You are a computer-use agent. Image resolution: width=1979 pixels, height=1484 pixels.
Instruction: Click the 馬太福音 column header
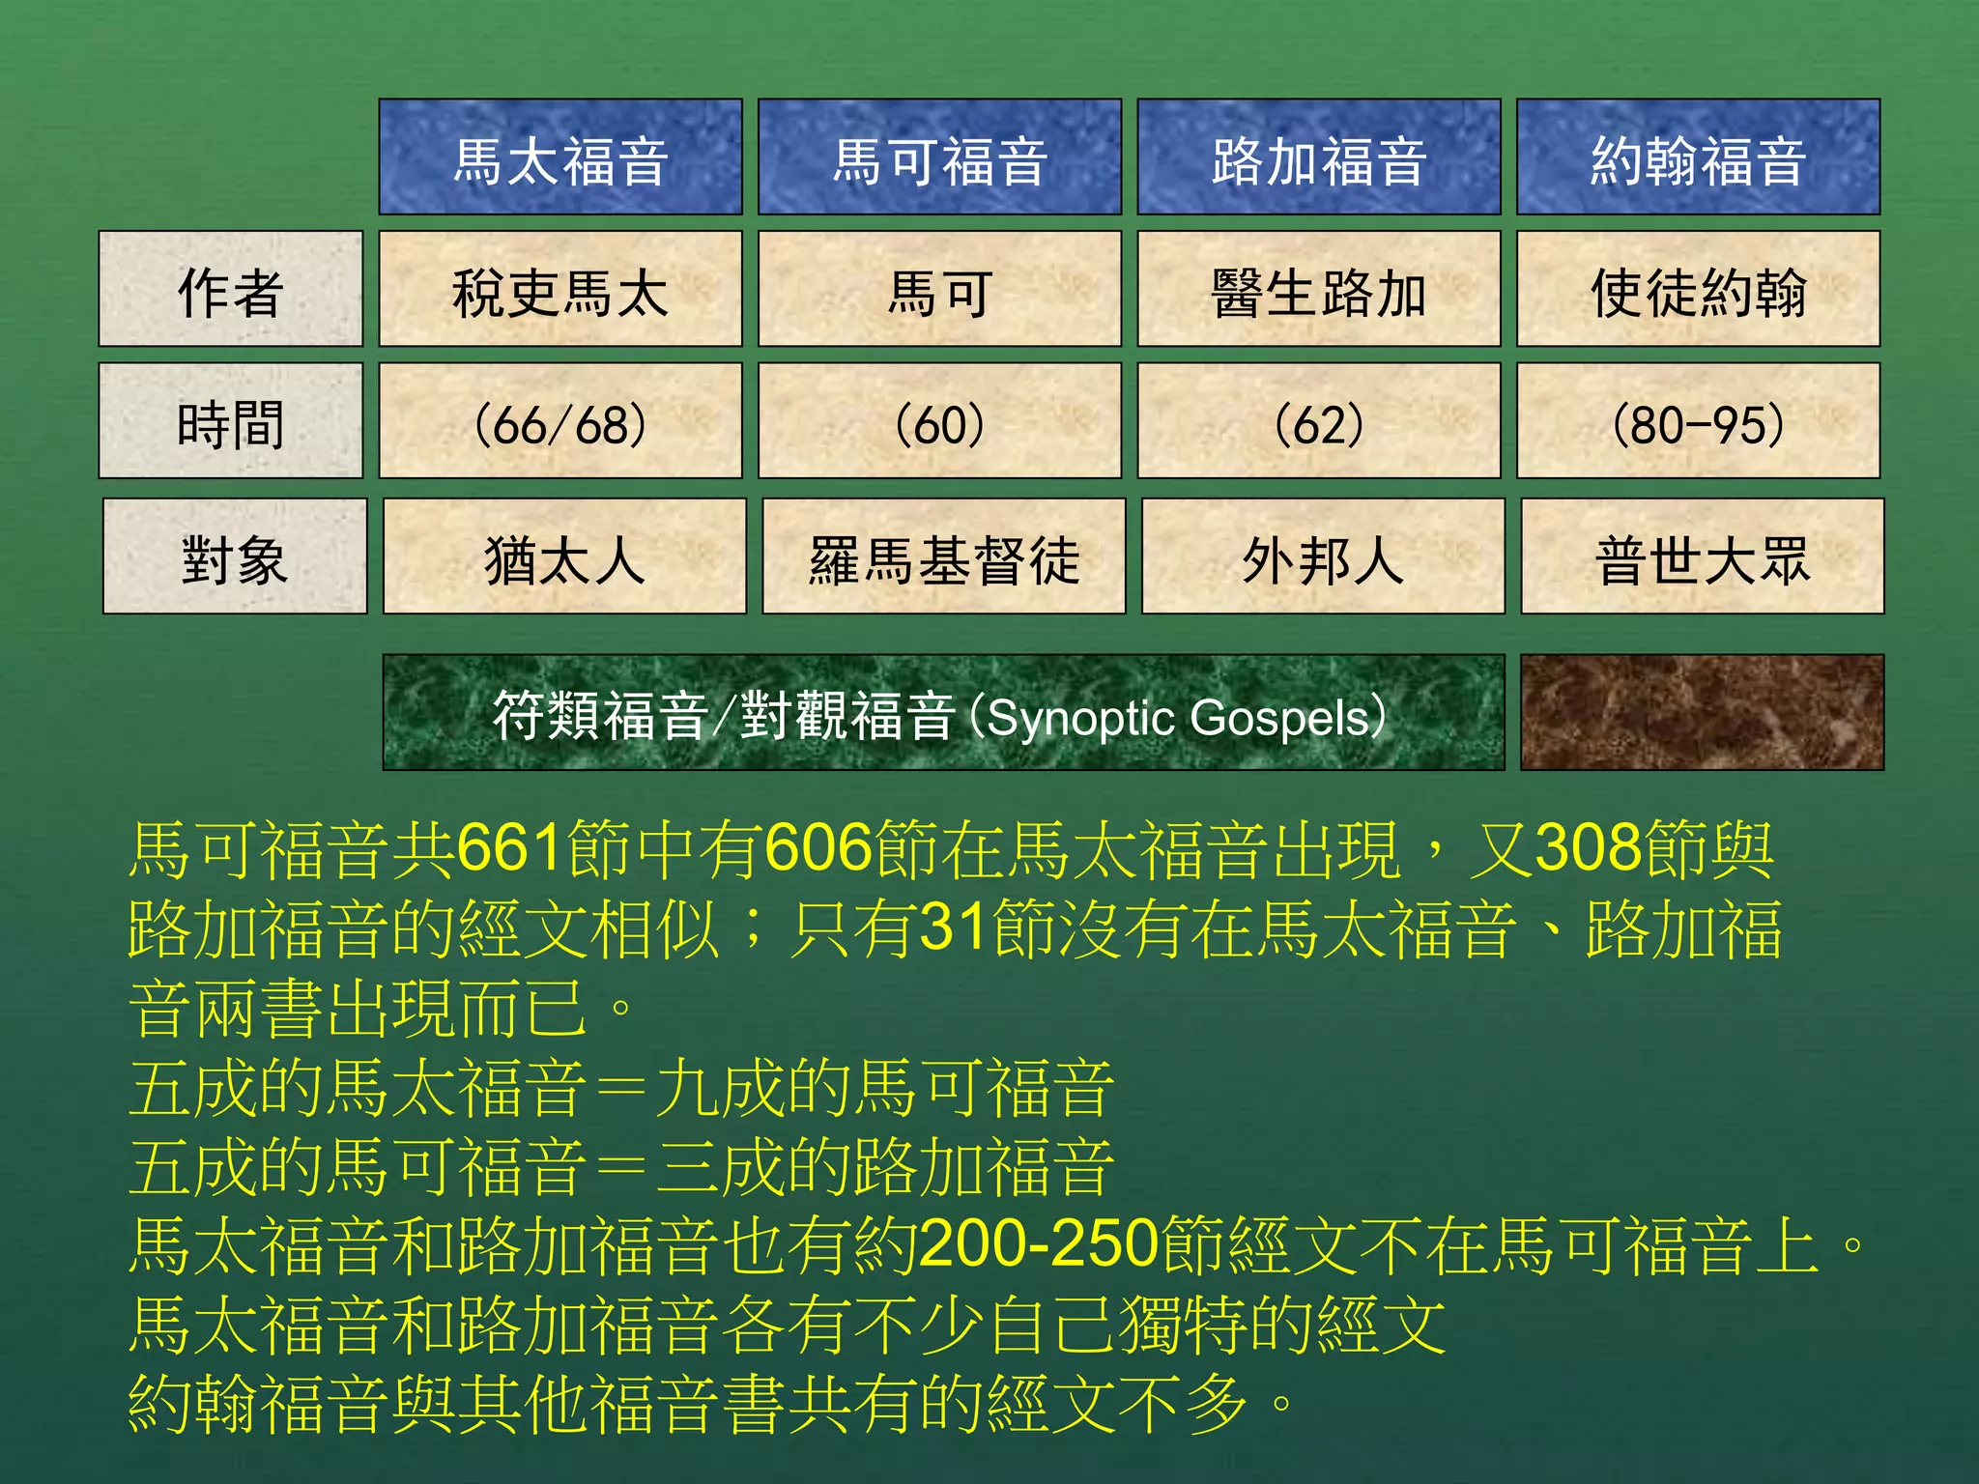point(560,157)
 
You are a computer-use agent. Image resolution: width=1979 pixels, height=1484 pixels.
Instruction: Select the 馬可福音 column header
point(939,157)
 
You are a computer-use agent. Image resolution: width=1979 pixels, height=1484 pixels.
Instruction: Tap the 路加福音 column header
point(1318,157)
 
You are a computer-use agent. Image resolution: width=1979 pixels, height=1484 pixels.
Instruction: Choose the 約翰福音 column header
point(1698,157)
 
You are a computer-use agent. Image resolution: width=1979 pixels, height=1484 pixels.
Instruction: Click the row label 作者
point(231,290)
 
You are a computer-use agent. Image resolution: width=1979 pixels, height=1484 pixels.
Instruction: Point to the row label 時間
point(231,422)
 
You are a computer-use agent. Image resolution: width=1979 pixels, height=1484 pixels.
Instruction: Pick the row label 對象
point(235,557)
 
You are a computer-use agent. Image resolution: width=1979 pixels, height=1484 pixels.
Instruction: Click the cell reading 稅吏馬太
point(560,290)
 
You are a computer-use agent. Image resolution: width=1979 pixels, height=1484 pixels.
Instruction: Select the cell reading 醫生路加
point(1318,290)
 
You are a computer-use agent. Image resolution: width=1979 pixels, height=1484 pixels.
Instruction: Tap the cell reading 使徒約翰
point(1698,290)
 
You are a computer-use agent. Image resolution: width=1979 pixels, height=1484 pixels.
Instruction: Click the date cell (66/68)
point(560,422)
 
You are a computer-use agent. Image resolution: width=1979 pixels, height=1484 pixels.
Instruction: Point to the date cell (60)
point(939,422)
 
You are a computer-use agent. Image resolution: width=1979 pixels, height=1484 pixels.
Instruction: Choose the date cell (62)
point(1318,422)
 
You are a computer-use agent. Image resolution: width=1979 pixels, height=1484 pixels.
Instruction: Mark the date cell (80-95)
point(1698,422)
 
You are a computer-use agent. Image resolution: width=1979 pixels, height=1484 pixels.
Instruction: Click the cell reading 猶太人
point(564,557)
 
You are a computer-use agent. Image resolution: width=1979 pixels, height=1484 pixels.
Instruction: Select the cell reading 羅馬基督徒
point(943,557)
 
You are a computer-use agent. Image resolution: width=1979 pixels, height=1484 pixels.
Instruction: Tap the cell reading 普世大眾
point(1702,557)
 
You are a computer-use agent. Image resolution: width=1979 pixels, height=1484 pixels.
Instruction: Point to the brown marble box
point(1702,713)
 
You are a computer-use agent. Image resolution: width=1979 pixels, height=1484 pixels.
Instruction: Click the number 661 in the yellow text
point(510,849)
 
